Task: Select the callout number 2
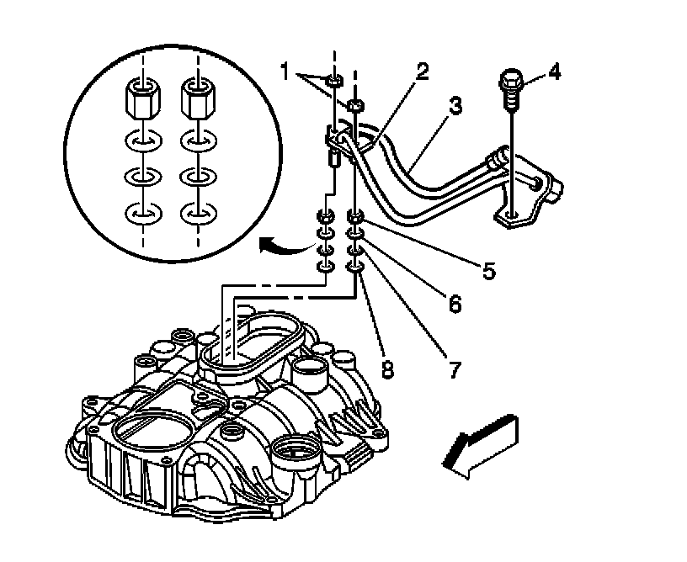(x=422, y=71)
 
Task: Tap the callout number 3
(x=455, y=106)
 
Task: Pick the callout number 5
(x=488, y=271)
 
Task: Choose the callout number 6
(x=455, y=304)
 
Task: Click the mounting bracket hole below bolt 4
(x=511, y=217)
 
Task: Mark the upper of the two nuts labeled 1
(x=333, y=81)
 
